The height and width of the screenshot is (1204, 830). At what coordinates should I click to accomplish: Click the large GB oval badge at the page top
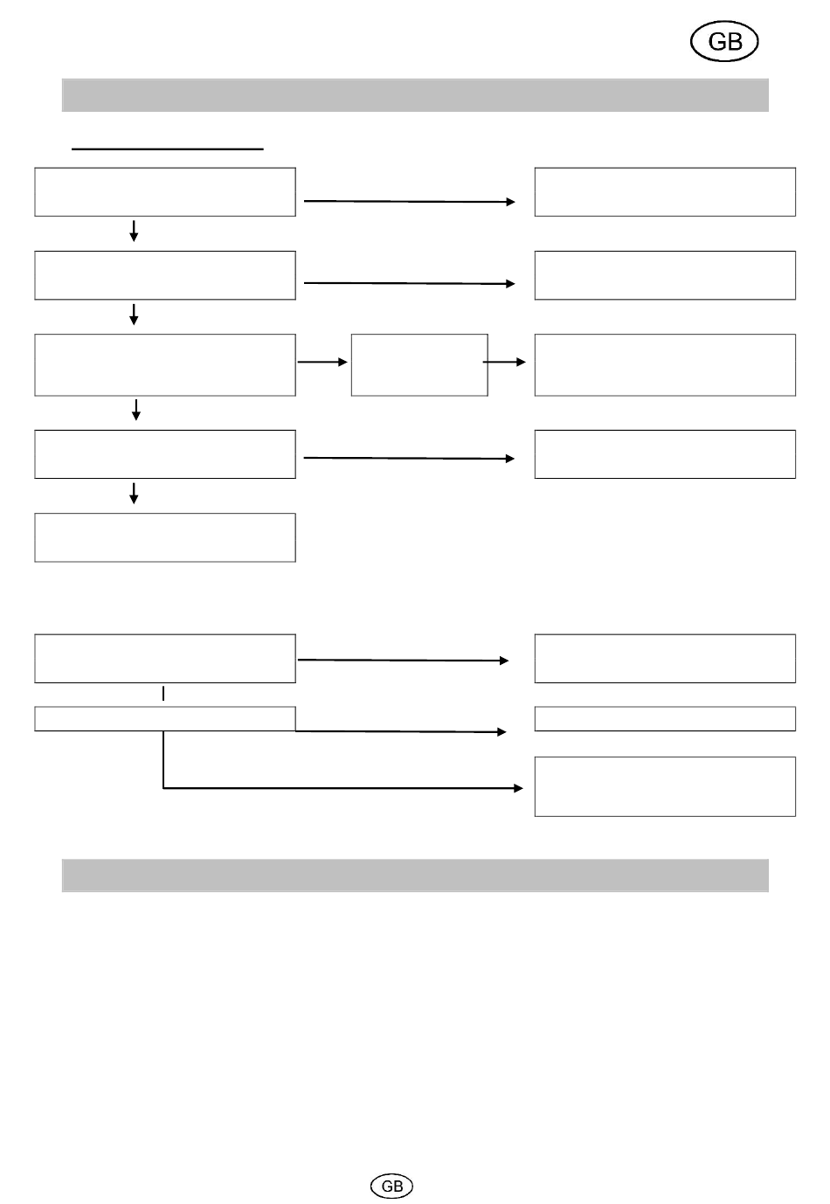pyautogui.click(x=723, y=42)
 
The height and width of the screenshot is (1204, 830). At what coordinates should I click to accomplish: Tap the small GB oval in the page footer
pyautogui.click(x=392, y=1186)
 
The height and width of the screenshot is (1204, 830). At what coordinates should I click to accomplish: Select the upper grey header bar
pyautogui.click(x=415, y=95)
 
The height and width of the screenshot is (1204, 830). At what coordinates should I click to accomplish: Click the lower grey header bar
pyautogui.click(x=415, y=875)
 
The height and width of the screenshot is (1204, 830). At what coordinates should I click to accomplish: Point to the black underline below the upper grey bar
pyautogui.click(x=167, y=149)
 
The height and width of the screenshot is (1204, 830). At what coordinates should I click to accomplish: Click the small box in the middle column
pyautogui.click(x=419, y=364)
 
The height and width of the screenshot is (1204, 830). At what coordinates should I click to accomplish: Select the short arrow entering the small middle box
pyautogui.click(x=322, y=362)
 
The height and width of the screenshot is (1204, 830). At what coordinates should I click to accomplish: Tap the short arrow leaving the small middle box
pyautogui.click(x=505, y=362)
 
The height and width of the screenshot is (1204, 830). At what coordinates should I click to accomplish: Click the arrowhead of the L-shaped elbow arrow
pyautogui.click(x=518, y=788)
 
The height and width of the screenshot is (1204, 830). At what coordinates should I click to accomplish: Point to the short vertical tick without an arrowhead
pyautogui.click(x=163, y=694)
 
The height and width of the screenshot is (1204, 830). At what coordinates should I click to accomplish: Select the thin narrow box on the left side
pyautogui.click(x=164, y=718)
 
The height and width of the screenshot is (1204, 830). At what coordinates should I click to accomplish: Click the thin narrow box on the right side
pyautogui.click(x=665, y=718)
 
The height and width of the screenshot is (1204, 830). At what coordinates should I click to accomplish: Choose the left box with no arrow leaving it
pyautogui.click(x=165, y=537)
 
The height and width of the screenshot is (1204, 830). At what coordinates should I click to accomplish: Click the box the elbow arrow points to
pyautogui.click(x=665, y=786)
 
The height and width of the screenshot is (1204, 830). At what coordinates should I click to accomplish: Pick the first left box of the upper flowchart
pyautogui.click(x=165, y=191)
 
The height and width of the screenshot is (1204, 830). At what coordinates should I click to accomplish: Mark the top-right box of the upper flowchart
pyautogui.click(x=665, y=191)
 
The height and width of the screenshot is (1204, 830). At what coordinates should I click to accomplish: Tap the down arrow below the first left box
pyautogui.click(x=134, y=232)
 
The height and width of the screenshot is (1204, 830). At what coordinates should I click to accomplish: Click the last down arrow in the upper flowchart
pyautogui.click(x=134, y=494)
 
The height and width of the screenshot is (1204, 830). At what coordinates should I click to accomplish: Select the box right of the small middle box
pyautogui.click(x=665, y=364)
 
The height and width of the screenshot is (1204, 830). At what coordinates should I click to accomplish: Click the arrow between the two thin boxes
pyautogui.click(x=402, y=731)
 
